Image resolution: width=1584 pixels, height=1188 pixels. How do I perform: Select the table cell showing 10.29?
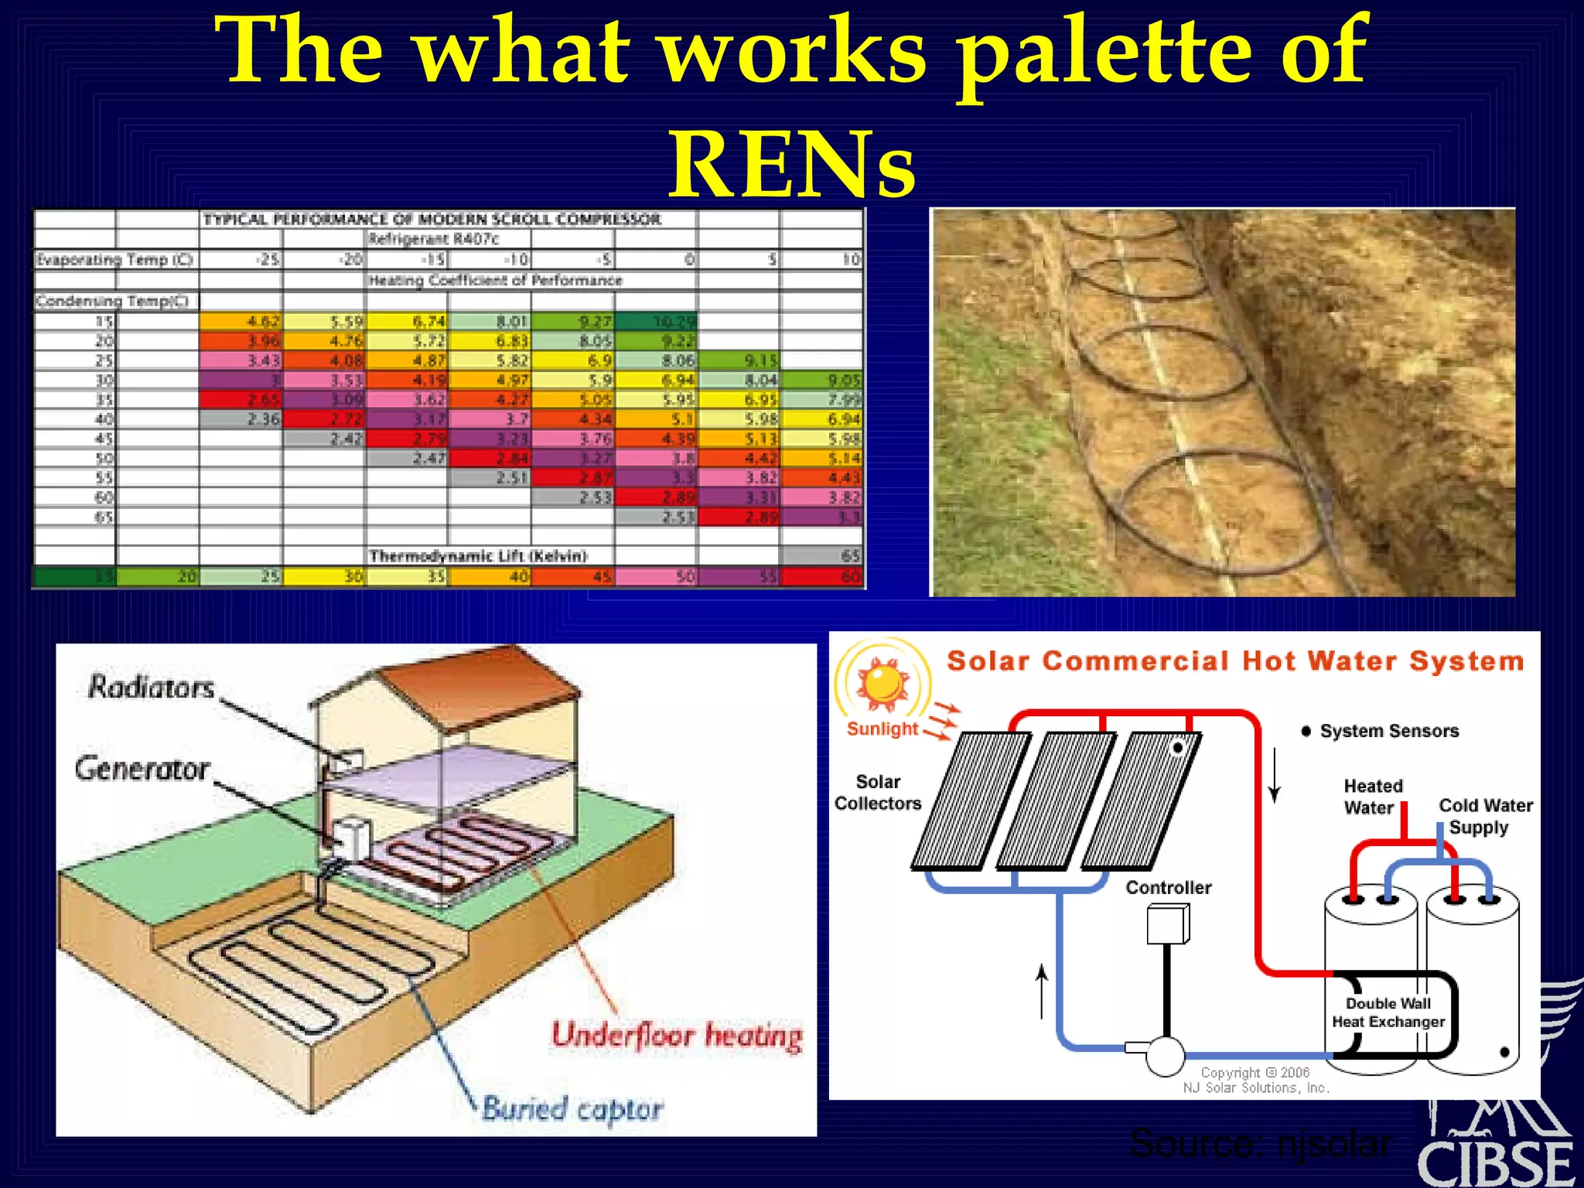657,321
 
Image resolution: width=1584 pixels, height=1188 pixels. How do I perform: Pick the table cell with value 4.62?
241,321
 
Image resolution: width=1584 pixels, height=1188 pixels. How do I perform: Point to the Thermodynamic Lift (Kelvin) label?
478,555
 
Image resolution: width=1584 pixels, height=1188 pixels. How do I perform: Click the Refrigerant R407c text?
434,239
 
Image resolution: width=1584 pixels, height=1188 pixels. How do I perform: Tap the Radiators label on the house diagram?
150,687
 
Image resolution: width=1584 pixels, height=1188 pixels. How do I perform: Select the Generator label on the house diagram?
142,769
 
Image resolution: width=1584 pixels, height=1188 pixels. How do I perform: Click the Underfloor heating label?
677,1036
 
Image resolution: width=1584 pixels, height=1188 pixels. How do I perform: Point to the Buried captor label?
572,1108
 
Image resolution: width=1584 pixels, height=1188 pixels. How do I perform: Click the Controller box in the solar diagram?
1168,924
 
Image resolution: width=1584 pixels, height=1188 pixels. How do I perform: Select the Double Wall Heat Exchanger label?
1388,1012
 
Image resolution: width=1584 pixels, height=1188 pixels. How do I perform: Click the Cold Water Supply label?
1484,816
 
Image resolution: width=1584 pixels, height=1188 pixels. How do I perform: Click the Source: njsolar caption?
1261,1142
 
